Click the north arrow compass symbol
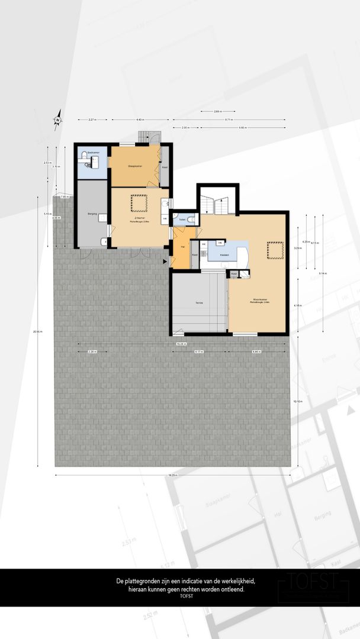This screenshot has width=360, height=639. point(58,118)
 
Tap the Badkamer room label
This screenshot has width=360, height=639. point(93,153)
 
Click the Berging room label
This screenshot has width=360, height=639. point(92,213)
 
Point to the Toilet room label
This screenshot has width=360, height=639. point(182,219)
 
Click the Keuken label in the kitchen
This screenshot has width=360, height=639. point(224,255)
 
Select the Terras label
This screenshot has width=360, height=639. point(199,303)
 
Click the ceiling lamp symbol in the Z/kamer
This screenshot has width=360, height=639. point(140,203)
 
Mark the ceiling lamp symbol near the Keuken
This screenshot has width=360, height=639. point(275,251)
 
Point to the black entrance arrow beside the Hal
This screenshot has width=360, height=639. point(165,261)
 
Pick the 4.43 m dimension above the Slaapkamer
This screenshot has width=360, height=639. point(140,120)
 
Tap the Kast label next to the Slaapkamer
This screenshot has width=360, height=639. point(165,167)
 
